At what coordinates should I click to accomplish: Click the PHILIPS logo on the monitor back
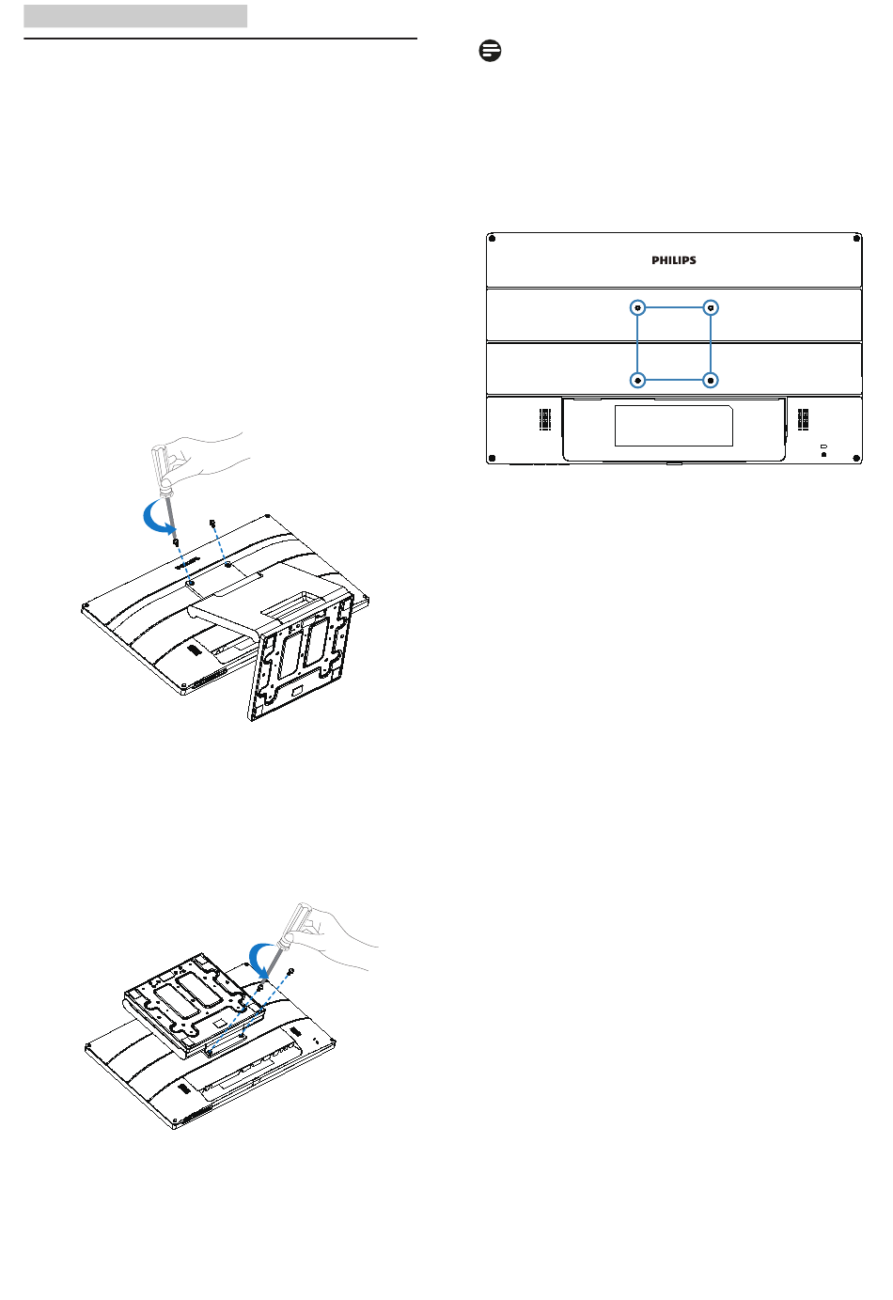click(674, 260)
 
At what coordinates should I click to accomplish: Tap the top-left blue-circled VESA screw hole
click(637, 307)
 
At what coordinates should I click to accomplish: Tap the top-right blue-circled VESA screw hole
click(711, 307)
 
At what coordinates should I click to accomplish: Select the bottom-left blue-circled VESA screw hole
click(637, 380)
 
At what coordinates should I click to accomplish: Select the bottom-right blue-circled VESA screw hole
click(711, 380)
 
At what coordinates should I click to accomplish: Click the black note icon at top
click(491, 51)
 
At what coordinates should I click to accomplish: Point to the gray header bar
click(135, 16)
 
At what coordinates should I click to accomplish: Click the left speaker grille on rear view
click(545, 419)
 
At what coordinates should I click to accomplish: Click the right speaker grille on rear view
click(803, 419)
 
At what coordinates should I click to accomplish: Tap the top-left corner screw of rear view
click(492, 239)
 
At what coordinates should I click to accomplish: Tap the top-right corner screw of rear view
click(856, 239)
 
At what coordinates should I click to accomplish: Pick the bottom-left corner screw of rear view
click(492, 458)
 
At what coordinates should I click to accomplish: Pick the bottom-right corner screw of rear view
click(856, 458)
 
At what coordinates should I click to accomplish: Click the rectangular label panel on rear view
click(674, 426)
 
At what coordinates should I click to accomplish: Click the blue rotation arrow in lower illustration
click(256, 960)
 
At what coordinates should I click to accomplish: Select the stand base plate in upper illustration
click(301, 656)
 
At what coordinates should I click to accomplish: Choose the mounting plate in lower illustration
click(194, 1004)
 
